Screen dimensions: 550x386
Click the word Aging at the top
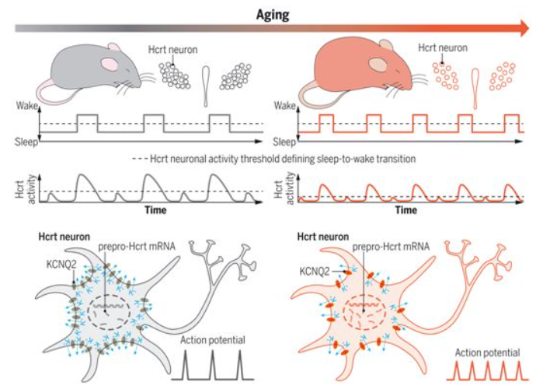pyautogui.click(x=273, y=15)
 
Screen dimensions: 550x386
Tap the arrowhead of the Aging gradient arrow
pyautogui.click(x=524, y=28)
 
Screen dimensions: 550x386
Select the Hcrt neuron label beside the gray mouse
pyautogui.click(x=172, y=50)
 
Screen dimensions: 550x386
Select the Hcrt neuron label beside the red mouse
pyautogui.click(x=443, y=47)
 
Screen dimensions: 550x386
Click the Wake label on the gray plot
pyautogui.click(x=27, y=106)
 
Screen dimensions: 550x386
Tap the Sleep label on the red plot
pyautogui.click(x=284, y=142)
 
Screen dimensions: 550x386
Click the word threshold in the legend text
pyautogui.click(x=257, y=159)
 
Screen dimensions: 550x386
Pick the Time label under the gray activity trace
pyautogui.click(x=155, y=210)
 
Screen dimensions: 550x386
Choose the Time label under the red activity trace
pyautogui.click(x=406, y=210)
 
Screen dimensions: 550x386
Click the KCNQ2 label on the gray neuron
pyautogui.click(x=61, y=264)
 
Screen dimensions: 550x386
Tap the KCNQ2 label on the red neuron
pyautogui.click(x=315, y=272)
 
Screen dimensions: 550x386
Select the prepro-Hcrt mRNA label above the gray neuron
pyautogui.click(x=137, y=247)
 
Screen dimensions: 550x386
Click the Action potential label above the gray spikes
pyautogui.click(x=213, y=340)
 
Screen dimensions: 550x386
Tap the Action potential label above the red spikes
pyautogui.click(x=487, y=353)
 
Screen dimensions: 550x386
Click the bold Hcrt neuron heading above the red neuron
pyautogui.click(x=322, y=237)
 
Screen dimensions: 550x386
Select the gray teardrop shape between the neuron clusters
pyautogui.click(x=206, y=86)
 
